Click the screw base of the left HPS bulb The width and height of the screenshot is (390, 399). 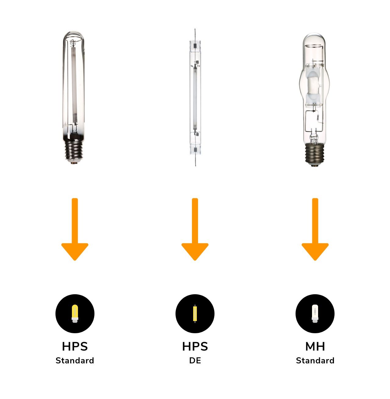point(73,151)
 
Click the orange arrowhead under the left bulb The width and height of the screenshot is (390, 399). point(75,251)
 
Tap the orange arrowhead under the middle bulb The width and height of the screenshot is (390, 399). point(195,251)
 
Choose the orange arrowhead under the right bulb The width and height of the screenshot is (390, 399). point(315,251)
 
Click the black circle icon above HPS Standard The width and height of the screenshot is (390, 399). point(75,314)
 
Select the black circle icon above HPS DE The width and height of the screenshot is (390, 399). point(195,314)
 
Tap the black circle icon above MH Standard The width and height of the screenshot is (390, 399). point(315,314)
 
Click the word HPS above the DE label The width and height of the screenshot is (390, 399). point(195,347)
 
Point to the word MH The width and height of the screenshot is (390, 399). point(315,347)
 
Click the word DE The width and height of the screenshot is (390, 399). point(195,361)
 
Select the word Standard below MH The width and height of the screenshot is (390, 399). point(315,361)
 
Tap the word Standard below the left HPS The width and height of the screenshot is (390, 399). point(75,361)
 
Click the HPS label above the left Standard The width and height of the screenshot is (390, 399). point(75,347)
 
